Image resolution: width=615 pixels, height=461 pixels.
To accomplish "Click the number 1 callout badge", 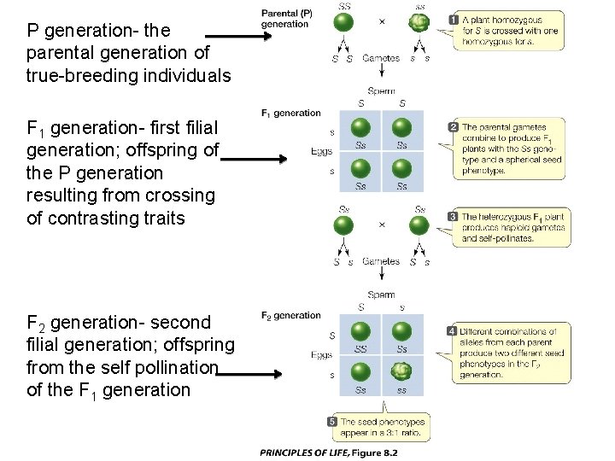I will [454, 19].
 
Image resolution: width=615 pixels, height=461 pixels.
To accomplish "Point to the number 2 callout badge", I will [454, 127].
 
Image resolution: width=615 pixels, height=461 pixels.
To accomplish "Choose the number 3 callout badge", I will [454, 217].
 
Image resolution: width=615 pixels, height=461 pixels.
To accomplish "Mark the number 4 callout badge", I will [452, 330].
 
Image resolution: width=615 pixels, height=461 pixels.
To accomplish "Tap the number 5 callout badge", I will [332, 422].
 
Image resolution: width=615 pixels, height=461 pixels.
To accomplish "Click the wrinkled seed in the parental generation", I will [419, 24].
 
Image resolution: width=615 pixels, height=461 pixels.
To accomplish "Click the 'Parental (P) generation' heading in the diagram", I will [286, 19].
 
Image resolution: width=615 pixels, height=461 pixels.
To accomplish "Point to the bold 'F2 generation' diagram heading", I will [291, 316].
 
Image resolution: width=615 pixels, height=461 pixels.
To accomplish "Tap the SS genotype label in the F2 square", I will [360, 348].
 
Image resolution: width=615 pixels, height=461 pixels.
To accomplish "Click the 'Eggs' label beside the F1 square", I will [321, 154].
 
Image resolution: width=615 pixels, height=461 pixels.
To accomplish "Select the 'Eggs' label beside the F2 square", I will [321, 354].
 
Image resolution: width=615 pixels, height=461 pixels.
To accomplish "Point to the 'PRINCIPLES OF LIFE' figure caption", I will [329, 452].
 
